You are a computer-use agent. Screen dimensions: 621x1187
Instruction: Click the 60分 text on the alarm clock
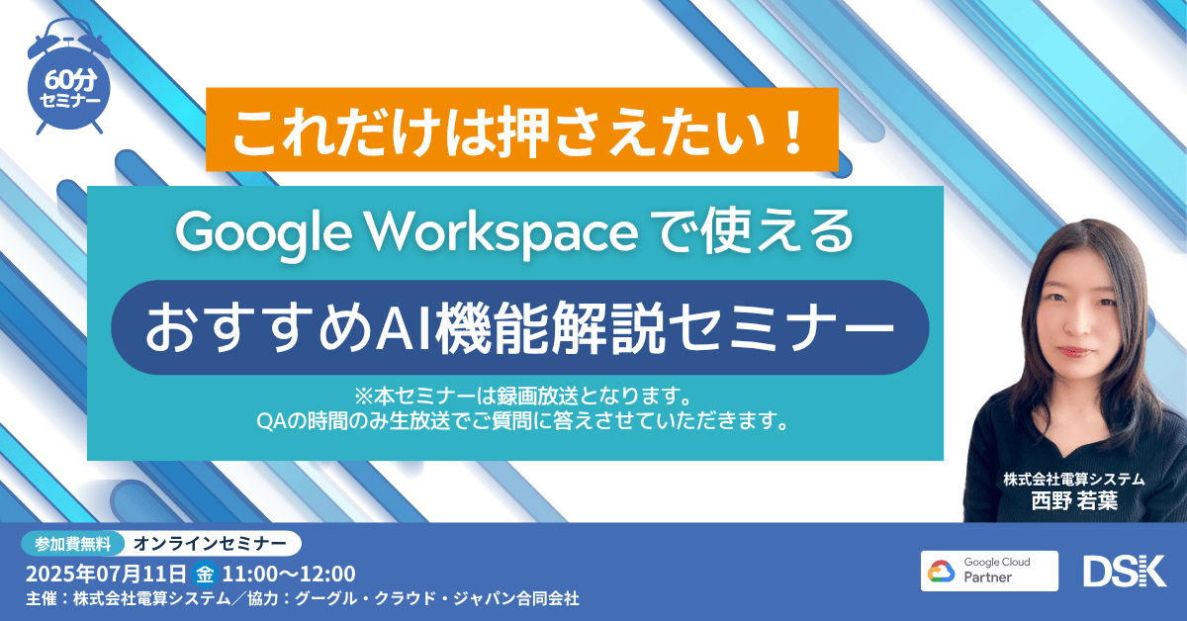pyautogui.click(x=70, y=80)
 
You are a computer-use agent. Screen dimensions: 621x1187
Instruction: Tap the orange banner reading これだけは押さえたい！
pyautogui.click(x=522, y=130)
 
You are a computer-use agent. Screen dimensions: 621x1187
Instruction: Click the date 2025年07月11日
pyautogui.click(x=106, y=573)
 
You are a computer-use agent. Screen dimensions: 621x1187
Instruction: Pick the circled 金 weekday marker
pyautogui.click(x=205, y=573)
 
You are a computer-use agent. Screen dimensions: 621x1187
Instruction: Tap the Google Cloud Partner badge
pyautogui.click(x=989, y=571)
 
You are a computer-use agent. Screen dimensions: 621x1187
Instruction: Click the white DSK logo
pyautogui.click(x=1125, y=572)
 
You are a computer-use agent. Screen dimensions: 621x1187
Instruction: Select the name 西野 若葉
pyautogui.click(x=1074, y=500)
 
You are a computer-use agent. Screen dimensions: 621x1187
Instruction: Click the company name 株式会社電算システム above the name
pyautogui.click(x=1074, y=479)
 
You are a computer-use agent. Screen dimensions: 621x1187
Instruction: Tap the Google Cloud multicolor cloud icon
pyautogui.click(x=943, y=572)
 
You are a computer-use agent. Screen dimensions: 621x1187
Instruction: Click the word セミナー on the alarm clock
pyautogui.click(x=70, y=101)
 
